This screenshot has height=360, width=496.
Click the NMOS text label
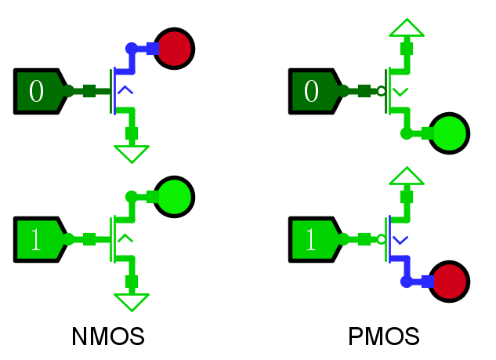click(108, 337)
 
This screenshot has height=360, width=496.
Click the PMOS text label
click(384, 337)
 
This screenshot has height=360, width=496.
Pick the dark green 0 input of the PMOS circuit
click(313, 91)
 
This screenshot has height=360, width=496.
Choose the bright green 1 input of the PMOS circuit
click(313, 239)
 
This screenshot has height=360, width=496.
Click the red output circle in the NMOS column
click(174, 48)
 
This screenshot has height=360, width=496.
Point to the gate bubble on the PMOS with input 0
click(382, 91)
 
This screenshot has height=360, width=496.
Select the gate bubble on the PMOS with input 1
click(382, 239)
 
